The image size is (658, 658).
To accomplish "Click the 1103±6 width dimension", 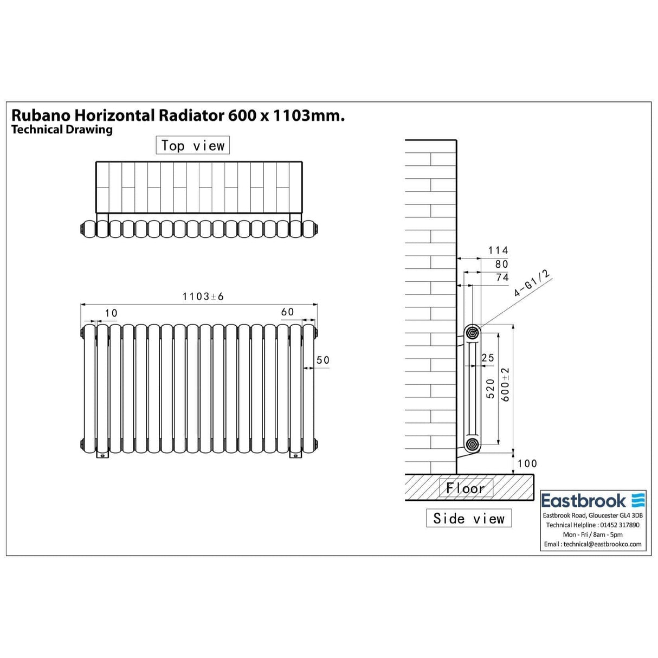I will pyautogui.click(x=203, y=296).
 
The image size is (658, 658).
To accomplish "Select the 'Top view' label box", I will pyautogui.click(x=192, y=146).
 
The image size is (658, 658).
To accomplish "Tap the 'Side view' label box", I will pyautogui.click(x=469, y=519).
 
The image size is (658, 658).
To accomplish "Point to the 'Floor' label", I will pyautogui.click(x=466, y=488).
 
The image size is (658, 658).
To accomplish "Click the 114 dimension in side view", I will pyautogui.click(x=498, y=250).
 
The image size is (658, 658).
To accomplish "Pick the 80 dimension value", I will pyautogui.click(x=502, y=264).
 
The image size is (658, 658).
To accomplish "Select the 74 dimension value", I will pyautogui.click(x=502, y=278).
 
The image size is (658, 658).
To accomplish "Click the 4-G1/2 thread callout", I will pyautogui.click(x=532, y=283).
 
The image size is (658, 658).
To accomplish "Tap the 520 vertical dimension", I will pyautogui.click(x=491, y=389).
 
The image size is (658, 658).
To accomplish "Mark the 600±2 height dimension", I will pyautogui.click(x=505, y=384).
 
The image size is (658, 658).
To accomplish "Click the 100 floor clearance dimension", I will pyautogui.click(x=527, y=463).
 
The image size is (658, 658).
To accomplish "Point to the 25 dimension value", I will pyautogui.click(x=488, y=358).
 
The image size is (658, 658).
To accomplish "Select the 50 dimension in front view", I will pyautogui.click(x=323, y=360).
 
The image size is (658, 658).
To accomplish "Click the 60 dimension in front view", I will pyautogui.click(x=287, y=312).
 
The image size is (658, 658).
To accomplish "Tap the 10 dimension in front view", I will pyautogui.click(x=111, y=313).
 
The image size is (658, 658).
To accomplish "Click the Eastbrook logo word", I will pyautogui.click(x=583, y=500).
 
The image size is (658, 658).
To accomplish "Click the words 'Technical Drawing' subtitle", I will pyautogui.click(x=62, y=130).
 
